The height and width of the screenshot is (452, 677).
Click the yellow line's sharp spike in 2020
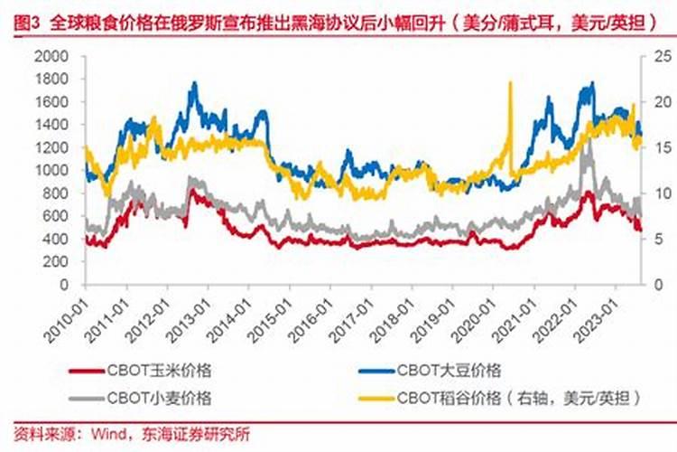tap(511, 83)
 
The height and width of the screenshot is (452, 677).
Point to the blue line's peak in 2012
tap(193, 83)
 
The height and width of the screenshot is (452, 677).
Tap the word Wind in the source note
tap(108, 435)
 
